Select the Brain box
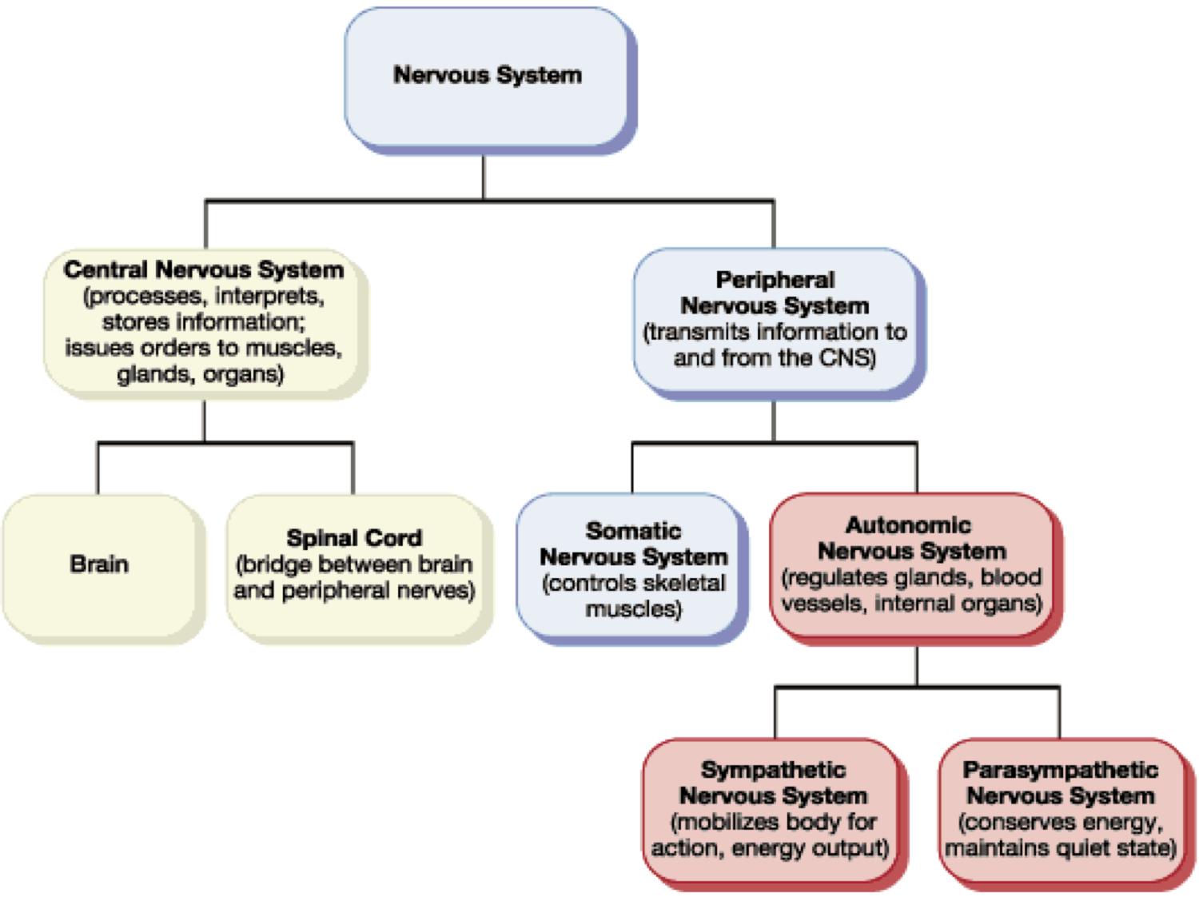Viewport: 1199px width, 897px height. point(99,564)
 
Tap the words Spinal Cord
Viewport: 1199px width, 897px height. point(354,538)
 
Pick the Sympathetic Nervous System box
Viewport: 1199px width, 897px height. point(772,809)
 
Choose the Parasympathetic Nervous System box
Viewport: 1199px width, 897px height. point(1061,809)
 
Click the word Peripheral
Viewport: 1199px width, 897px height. point(775,280)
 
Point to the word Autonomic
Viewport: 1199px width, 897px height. point(908,525)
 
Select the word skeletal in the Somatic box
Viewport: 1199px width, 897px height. point(687,583)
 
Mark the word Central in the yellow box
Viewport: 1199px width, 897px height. point(106,269)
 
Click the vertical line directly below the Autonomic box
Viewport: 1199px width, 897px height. point(917,665)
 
